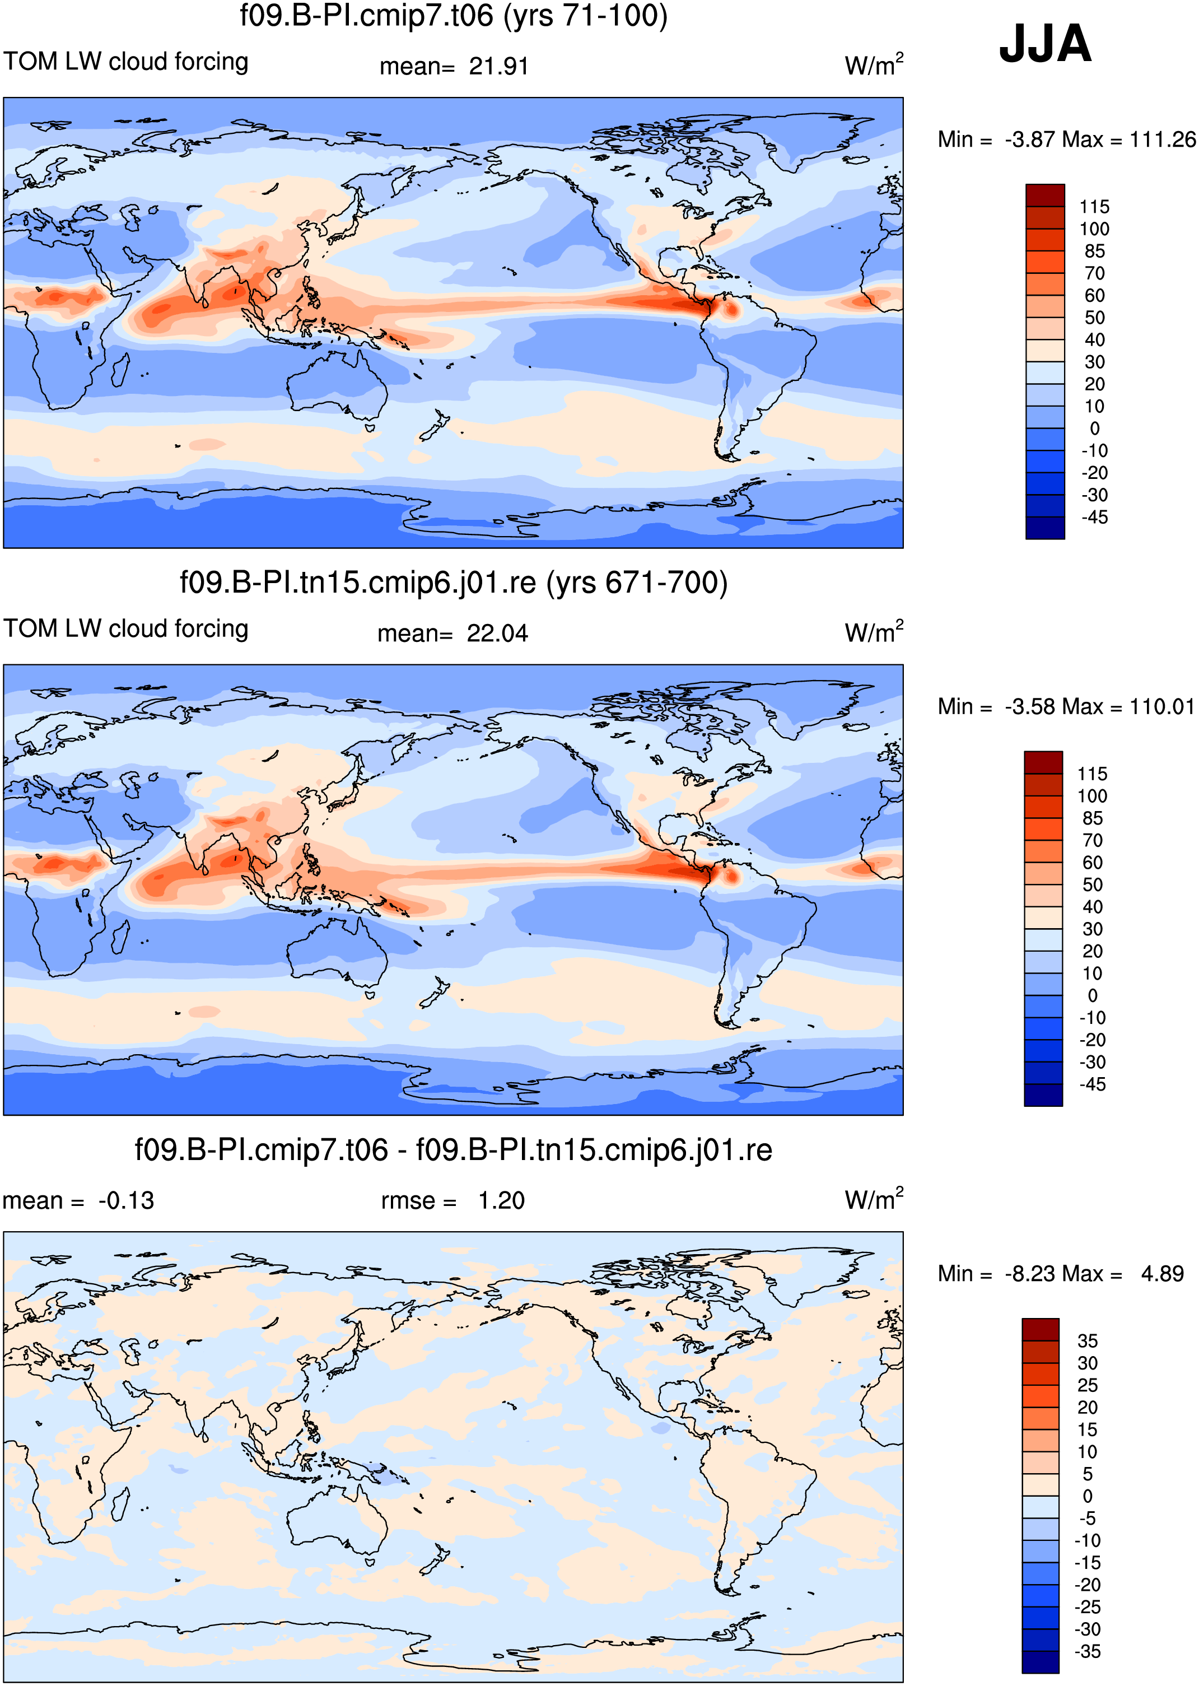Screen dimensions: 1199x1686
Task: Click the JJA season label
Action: coord(1044,44)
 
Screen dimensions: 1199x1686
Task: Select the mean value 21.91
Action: coord(499,67)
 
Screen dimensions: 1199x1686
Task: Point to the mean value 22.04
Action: coord(498,634)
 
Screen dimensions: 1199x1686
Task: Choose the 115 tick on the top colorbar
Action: coord(1094,207)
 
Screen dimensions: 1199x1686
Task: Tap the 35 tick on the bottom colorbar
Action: coord(1088,1340)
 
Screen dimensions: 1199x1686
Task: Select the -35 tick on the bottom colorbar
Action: coord(1088,1651)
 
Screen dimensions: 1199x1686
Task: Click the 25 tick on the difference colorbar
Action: coord(1088,1385)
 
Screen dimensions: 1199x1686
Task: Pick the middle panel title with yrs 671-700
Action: coord(453,583)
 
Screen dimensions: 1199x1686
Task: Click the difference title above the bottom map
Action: coord(453,1150)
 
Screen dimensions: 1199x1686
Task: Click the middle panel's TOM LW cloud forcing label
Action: coord(126,628)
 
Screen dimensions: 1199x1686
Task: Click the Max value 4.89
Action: coord(1162,1274)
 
